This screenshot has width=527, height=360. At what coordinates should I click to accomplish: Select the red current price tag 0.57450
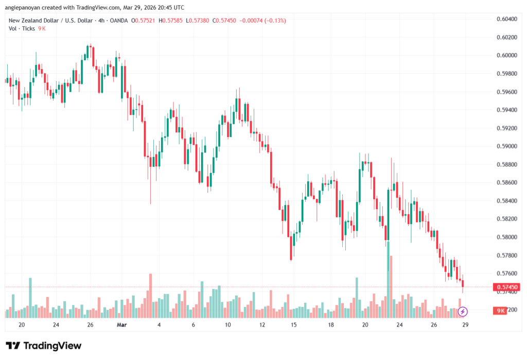pyautogui.click(x=505, y=287)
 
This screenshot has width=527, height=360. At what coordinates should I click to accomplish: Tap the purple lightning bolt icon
pyautogui.click(x=463, y=311)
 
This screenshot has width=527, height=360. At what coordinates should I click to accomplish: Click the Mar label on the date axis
pyautogui.click(x=121, y=325)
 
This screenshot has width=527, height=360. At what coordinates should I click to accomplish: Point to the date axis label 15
pyautogui.click(x=294, y=325)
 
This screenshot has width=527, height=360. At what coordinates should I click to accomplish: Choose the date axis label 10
pyautogui.click(x=227, y=325)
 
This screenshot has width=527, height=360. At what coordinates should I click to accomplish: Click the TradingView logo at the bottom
pyautogui.click(x=43, y=346)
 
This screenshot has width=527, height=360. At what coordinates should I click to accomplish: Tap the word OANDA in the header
pyautogui.click(x=117, y=21)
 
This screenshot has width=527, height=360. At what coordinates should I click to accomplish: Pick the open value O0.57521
pyautogui.click(x=144, y=21)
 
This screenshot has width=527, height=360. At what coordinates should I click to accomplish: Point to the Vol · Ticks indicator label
pyautogui.click(x=22, y=28)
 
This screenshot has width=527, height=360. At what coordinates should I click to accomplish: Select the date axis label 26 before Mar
pyautogui.click(x=90, y=325)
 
